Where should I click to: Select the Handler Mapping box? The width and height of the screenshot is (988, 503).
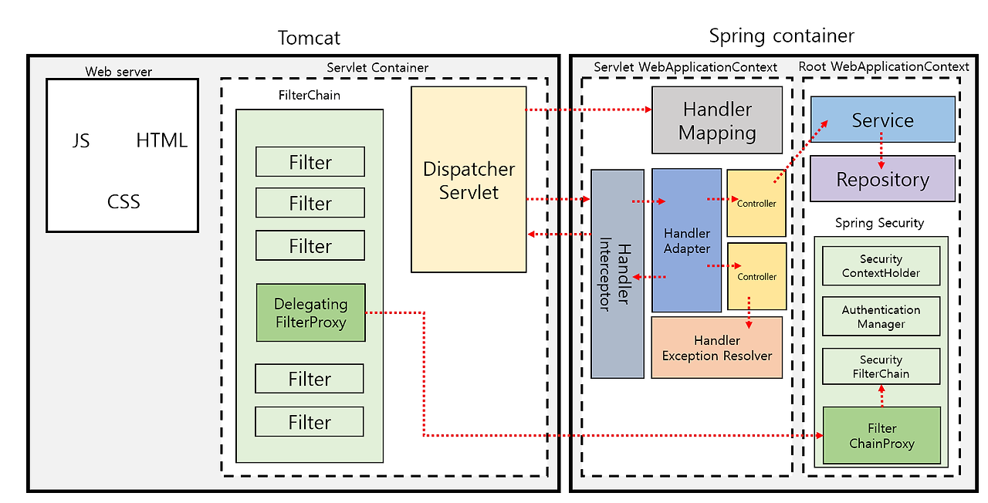717,120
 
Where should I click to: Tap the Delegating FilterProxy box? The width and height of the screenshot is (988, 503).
310,312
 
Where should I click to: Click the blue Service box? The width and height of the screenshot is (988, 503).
882,120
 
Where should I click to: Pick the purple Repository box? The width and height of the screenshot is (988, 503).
882,179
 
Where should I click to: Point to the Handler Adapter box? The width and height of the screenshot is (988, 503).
686,240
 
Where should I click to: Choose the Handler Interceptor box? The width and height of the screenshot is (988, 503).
617,274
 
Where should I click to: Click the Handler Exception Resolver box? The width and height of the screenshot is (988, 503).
716,347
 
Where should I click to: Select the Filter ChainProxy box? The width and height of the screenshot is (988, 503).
881,436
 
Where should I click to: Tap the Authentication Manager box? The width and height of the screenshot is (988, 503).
881,316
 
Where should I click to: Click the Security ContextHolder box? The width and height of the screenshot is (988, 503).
881,266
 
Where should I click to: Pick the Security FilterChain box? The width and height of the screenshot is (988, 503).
881,366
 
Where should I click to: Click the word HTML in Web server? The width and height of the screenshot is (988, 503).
161,140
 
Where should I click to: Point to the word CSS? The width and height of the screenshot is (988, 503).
123,202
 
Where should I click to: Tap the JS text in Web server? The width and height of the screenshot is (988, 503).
80,140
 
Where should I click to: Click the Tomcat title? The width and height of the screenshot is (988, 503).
309,38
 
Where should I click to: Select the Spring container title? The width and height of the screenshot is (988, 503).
781,35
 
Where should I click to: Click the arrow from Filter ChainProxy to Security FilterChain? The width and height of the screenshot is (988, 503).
881,396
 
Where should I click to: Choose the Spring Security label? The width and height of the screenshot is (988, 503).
879,223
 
